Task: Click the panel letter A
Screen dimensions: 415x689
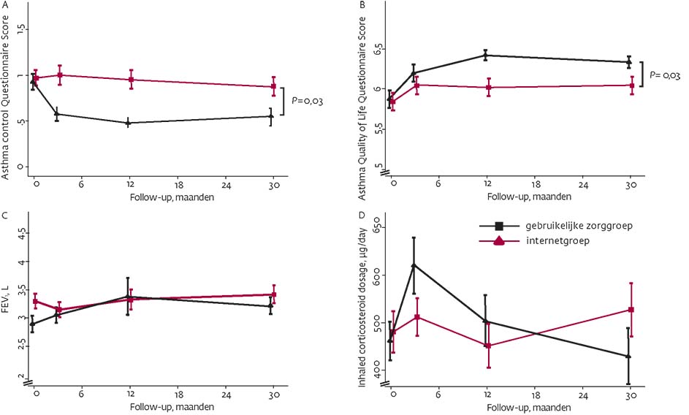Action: (x=4, y=4)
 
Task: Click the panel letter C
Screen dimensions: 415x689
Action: (x=4, y=216)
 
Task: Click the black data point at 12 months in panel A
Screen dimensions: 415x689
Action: (x=129, y=123)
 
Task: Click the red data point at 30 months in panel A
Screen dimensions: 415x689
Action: (x=273, y=87)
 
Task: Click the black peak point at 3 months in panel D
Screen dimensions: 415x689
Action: (x=414, y=265)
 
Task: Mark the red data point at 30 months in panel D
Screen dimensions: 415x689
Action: (x=629, y=310)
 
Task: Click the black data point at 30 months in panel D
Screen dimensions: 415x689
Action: (x=629, y=356)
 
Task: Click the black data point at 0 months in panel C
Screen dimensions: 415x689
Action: (x=32, y=323)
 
